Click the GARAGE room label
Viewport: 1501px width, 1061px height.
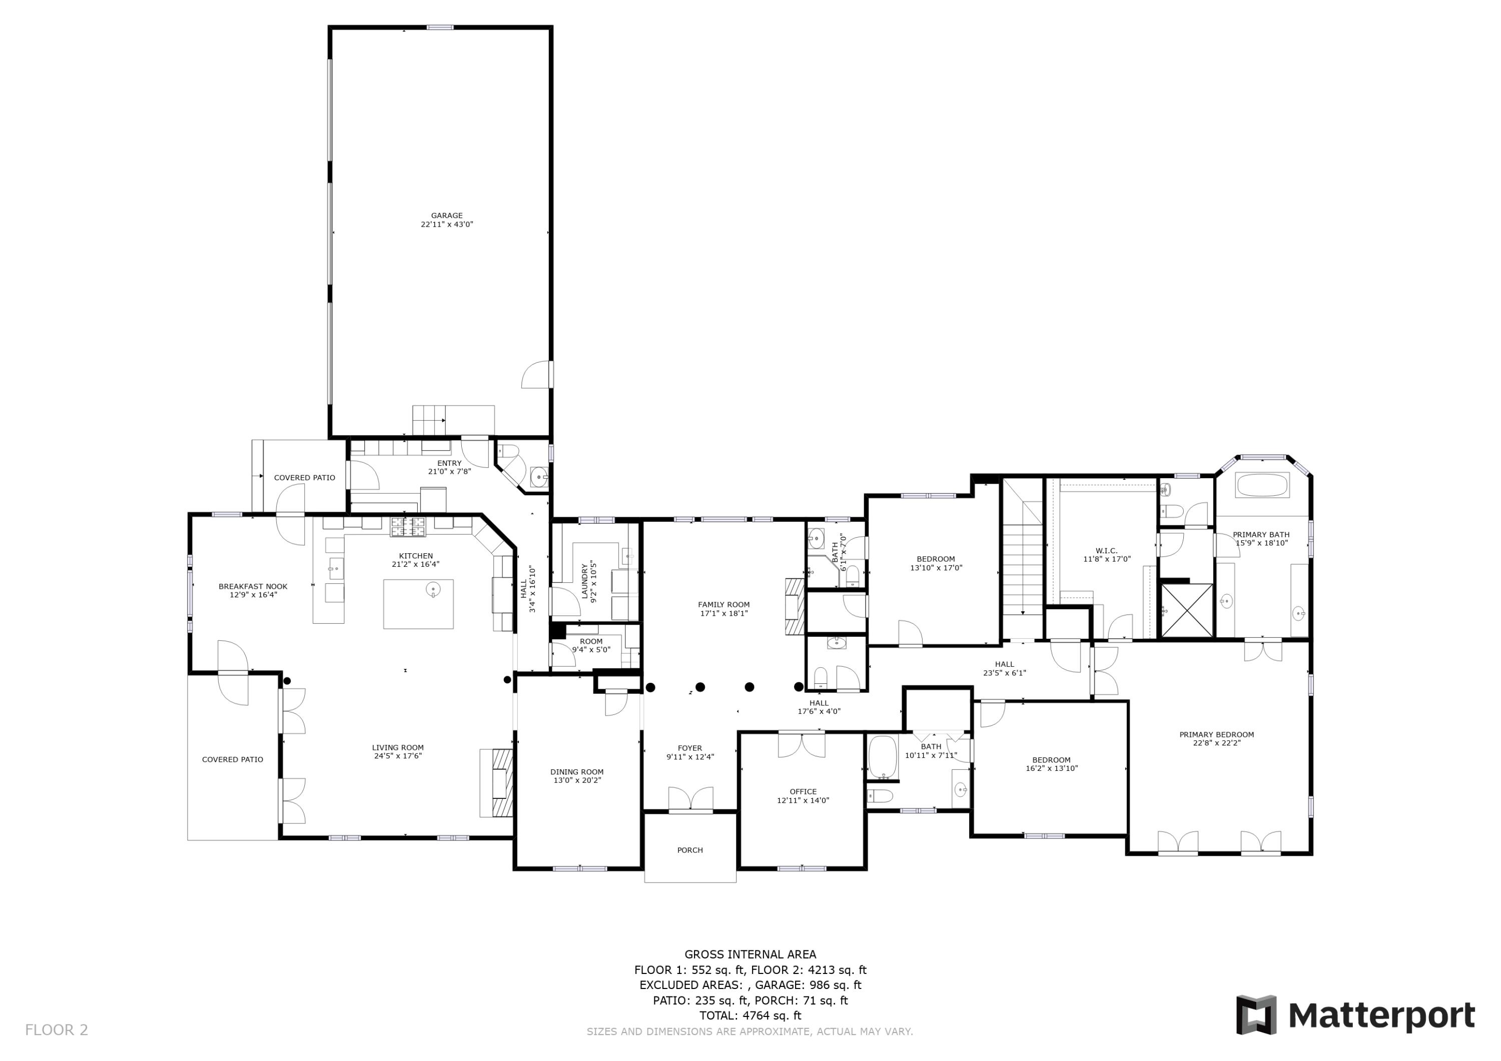coord(446,216)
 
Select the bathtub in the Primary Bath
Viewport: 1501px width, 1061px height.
coord(1262,486)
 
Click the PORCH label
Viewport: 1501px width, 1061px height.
coord(689,850)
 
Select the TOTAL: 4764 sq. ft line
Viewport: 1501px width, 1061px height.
coord(750,1016)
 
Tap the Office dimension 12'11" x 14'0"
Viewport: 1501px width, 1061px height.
coord(803,800)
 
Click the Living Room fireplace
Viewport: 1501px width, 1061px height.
coord(497,782)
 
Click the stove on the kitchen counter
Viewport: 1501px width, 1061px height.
coord(408,526)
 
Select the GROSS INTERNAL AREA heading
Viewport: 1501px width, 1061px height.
coord(750,954)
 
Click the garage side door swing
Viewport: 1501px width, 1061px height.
coord(537,375)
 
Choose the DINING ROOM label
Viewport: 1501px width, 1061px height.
coord(576,772)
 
